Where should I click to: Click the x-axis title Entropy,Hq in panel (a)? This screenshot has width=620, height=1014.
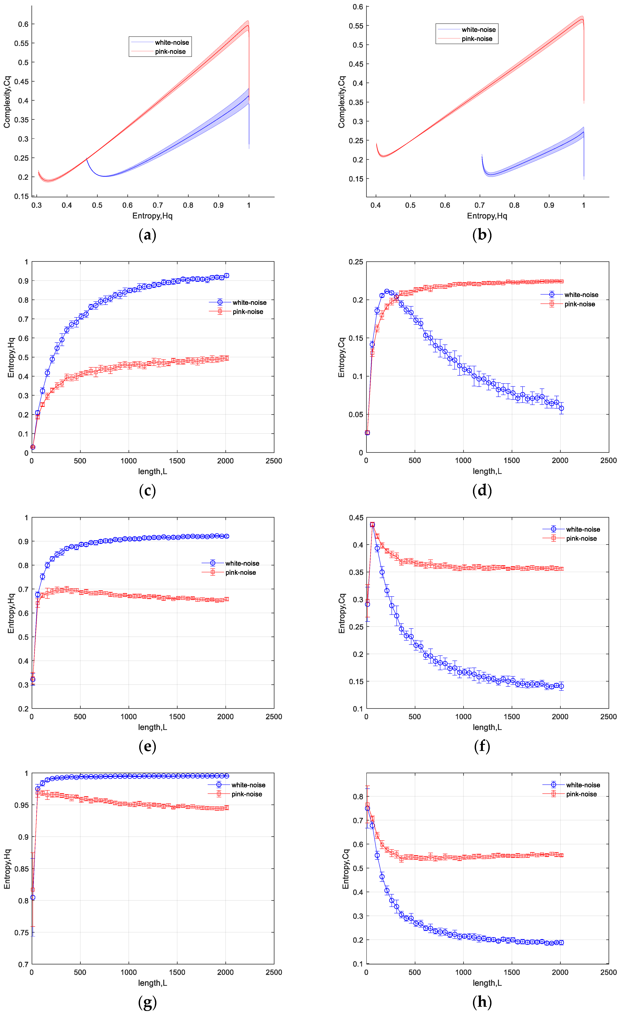point(152,216)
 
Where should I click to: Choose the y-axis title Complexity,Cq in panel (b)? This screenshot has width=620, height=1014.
point(342,102)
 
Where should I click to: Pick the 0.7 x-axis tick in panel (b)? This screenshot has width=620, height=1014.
point(480,205)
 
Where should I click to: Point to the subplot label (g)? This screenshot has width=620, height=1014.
point(147,1002)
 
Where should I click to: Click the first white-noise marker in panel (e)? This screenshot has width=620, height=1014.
point(33,679)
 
